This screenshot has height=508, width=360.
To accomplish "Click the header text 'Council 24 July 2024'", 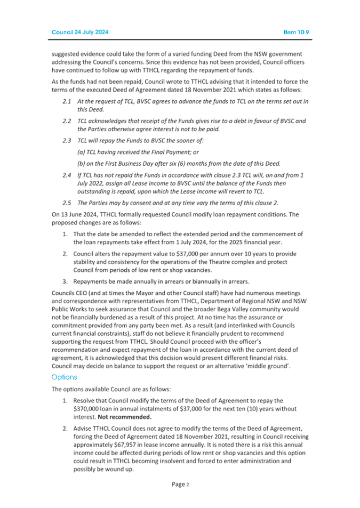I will click(x=80, y=32).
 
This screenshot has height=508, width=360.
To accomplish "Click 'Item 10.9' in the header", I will click(x=297, y=32).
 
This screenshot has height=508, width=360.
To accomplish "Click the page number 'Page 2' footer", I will click(x=180, y=484).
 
